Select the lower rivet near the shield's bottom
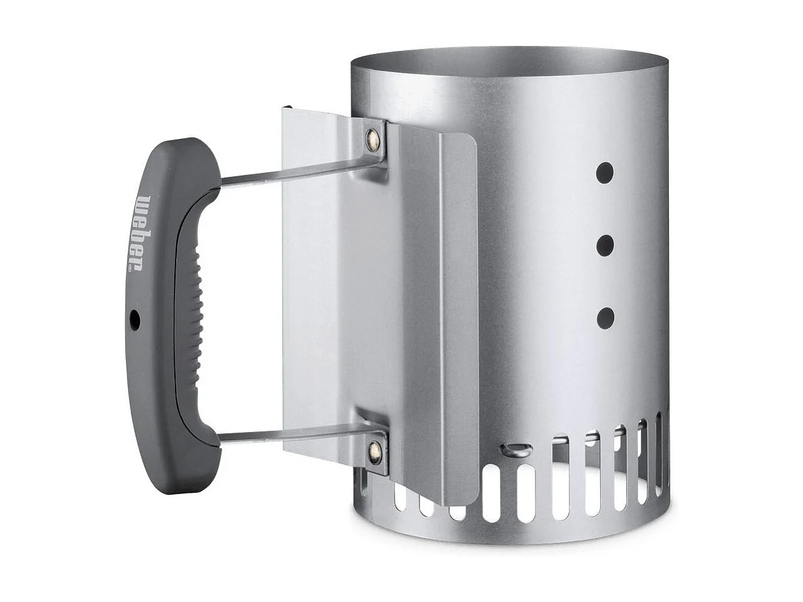tap(374, 447)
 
